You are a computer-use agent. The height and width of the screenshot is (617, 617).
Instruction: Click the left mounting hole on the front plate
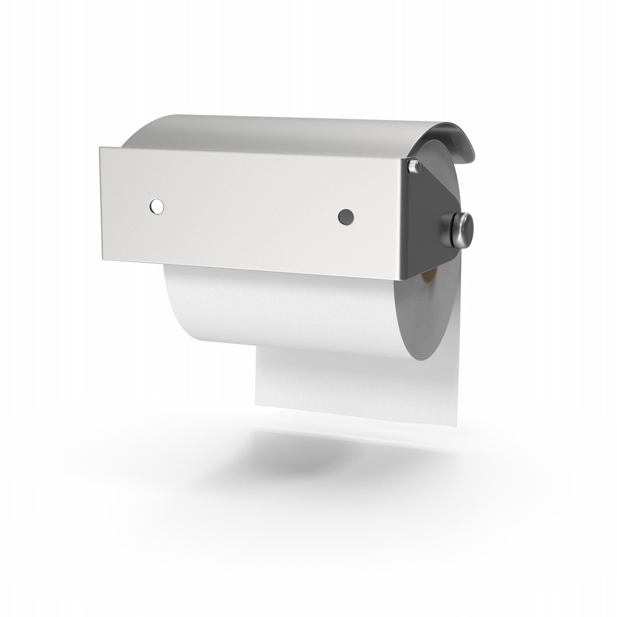tap(155, 206)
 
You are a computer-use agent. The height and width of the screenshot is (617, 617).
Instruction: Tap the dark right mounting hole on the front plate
tap(345, 216)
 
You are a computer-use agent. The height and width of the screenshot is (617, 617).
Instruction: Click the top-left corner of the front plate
tap(101, 148)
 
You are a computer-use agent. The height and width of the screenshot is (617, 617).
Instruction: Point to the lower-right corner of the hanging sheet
tap(457, 426)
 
